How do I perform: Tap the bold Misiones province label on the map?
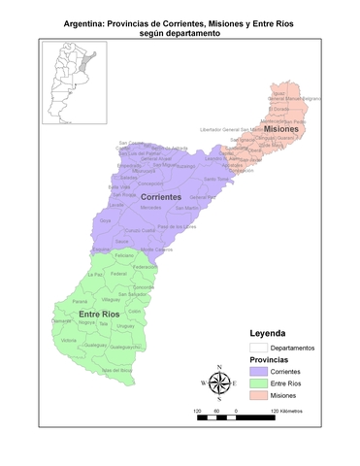pyautogui.click(x=281, y=129)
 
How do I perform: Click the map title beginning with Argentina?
pyautogui.click(x=180, y=25)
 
